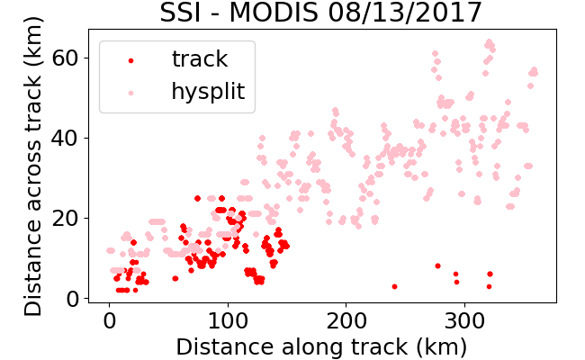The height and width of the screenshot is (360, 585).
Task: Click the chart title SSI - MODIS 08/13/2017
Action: tap(321, 13)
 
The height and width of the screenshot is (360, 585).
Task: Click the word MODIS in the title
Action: tap(274, 13)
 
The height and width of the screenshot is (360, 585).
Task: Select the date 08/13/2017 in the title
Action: tap(405, 13)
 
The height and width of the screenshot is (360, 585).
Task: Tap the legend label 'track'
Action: tap(200, 58)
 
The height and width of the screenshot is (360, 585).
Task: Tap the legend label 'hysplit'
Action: tap(208, 92)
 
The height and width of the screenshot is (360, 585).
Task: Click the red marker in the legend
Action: tap(131, 60)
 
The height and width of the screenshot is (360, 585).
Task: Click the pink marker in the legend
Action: tap(131, 93)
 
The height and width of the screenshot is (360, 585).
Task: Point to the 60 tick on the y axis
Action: tap(65, 58)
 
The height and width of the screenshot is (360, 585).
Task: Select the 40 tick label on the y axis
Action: tap(65, 138)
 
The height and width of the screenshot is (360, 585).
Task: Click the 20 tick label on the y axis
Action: tap(65, 218)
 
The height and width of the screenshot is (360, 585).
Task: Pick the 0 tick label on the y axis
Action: tap(72, 299)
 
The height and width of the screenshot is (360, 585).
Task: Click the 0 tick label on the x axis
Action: tap(109, 320)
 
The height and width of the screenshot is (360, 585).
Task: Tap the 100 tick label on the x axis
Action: tap(228, 320)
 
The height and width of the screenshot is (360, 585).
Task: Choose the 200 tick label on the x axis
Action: tap(346, 320)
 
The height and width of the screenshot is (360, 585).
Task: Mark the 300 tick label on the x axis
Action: tap(465, 320)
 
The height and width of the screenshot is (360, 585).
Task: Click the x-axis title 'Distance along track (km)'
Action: tap(321, 346)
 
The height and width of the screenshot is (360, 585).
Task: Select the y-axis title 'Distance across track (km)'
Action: tap(32, 166)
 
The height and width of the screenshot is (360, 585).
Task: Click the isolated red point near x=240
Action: tap(394, 286)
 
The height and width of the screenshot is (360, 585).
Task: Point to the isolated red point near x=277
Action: tap(437, 266)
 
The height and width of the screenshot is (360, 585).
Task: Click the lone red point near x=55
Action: tap(175, 278)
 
